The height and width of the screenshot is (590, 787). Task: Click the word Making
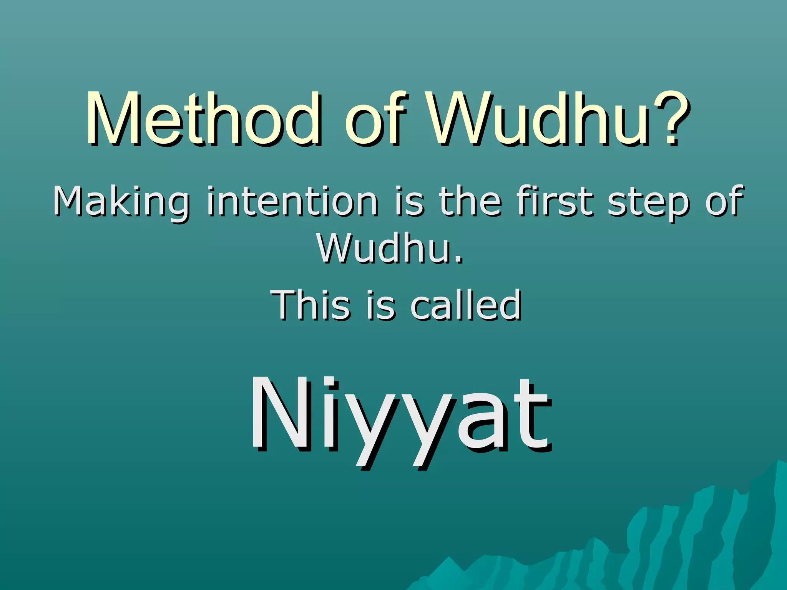click(x=121, y=202)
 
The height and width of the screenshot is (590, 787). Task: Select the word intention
click(x=292, y=202)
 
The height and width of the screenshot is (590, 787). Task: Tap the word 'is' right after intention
click(x=410, y=202)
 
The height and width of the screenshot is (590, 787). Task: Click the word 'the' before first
click(x=470, y=202)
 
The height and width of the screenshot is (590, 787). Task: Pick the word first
click(x=555, y=202)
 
